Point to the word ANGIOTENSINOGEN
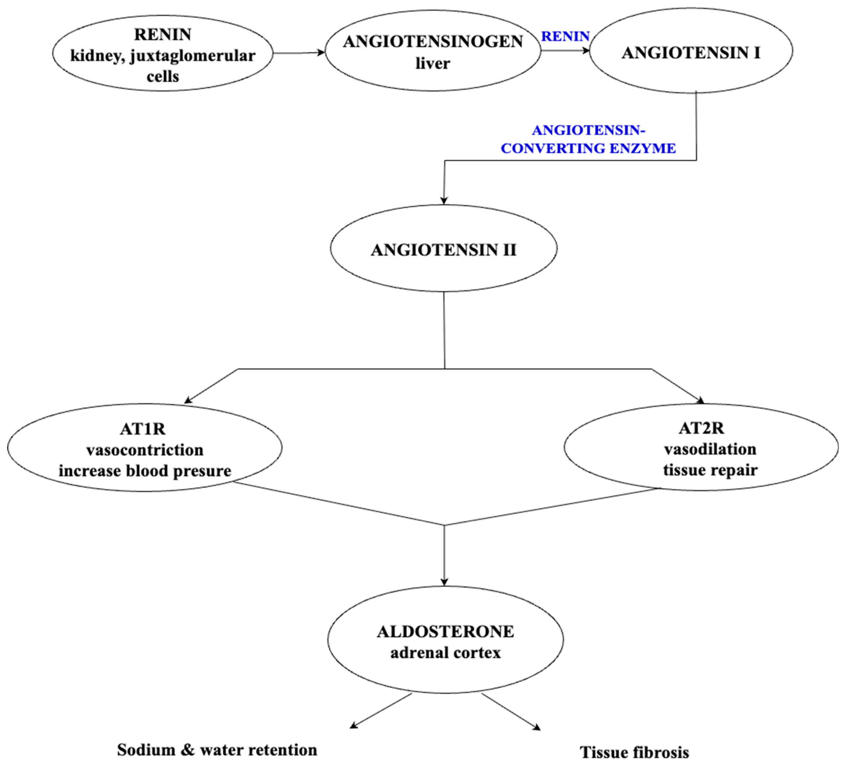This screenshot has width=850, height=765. [433, 42]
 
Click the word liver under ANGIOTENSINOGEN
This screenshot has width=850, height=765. [433, 64]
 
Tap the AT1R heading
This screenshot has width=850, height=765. [143, 429]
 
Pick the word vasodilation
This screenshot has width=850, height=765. [710, 449]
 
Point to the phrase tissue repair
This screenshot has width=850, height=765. [710, 470]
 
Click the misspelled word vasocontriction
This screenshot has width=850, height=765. [145, 450]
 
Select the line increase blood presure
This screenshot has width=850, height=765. [145, 470]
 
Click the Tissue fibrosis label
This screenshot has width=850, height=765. [634, 752]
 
